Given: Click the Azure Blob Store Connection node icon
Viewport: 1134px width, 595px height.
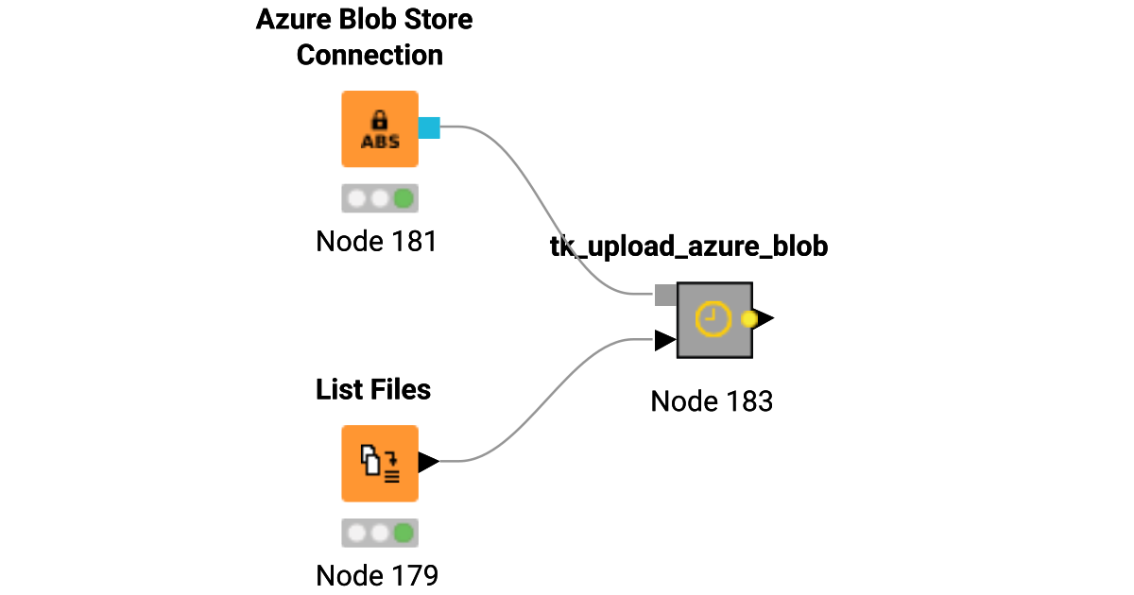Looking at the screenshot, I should tap(379, 128).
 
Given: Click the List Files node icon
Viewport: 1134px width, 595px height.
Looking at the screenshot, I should tap(379, 463).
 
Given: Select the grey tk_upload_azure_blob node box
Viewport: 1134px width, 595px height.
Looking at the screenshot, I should tap(714, 320).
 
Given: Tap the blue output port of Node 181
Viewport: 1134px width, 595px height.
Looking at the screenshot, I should tap(429, 127).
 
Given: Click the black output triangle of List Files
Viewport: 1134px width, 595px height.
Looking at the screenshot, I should tap(428, 462).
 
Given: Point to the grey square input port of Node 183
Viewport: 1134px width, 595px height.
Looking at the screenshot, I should tap(665, 295).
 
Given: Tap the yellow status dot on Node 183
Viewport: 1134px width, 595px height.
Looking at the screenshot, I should tap(749, 319).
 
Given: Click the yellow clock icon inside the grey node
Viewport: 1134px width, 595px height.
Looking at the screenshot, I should tap(713, 319).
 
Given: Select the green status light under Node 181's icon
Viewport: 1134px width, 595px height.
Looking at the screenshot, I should tap(404, 198).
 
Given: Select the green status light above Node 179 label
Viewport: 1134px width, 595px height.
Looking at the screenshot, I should tap(404, 533).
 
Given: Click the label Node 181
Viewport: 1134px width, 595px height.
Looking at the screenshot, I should tap(376, 242).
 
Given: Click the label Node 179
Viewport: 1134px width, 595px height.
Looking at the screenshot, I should tap(376, 574).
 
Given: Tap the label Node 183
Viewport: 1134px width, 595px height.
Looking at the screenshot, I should tap(712, 401).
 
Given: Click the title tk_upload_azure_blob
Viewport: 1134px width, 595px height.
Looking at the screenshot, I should tap(689, 247).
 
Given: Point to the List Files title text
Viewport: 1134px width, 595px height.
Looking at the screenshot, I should tap(373, 389).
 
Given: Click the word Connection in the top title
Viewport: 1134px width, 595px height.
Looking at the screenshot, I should tap(369, 55).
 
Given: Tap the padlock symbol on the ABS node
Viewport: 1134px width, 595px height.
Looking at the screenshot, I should tap(380, 120).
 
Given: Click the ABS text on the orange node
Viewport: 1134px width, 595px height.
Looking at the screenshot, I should tap(380, 142).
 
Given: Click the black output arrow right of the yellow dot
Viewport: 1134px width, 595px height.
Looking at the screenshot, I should tap(765, 319).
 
